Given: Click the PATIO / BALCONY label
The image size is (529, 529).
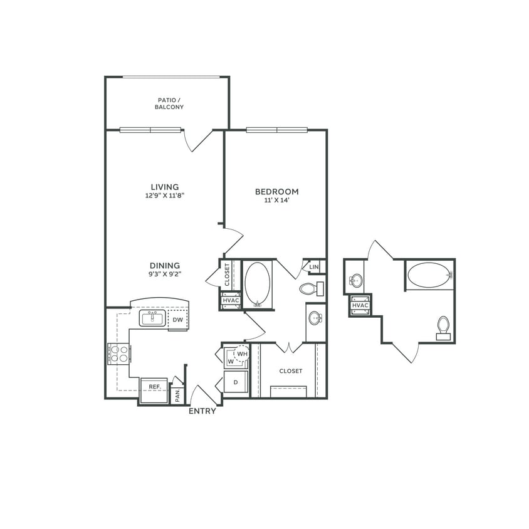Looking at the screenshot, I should pos(169,103).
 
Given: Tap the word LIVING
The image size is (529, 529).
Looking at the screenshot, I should pos(165,187).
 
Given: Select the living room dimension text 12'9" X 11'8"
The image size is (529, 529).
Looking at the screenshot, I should pos(165,195).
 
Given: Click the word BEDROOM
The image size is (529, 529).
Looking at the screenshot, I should pos(276,192).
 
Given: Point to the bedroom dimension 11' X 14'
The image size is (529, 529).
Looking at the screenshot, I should pos(276,201).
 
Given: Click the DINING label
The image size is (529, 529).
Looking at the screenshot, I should pos(165,265).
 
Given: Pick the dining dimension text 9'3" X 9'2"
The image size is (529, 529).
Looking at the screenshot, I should pos(165,274).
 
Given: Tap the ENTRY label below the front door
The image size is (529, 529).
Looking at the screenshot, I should pos(202,411).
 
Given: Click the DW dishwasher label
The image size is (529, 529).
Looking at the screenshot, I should pos(178,320).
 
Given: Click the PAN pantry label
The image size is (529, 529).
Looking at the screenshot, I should pos(177,395).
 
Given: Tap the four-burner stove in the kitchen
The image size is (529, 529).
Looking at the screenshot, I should pos(119,354).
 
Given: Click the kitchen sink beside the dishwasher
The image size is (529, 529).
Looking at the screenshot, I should pos(152,318).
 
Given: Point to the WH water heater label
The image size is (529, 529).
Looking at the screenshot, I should pos(243,354).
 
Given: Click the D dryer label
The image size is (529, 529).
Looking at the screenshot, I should pos(235,382).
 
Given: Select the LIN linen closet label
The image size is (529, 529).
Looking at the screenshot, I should pos(315,267).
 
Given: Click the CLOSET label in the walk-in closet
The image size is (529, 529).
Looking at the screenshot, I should pos(291,371).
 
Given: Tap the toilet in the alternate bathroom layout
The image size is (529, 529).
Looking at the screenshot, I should pos(444,327).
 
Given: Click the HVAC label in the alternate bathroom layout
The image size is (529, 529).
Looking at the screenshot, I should pos(360,305).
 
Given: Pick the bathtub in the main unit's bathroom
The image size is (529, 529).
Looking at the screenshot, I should pos(257,284).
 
